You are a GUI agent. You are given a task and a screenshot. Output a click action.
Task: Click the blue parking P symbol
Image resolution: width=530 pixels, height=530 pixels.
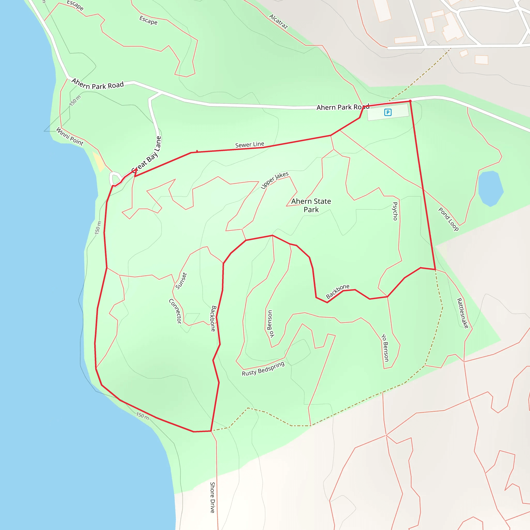tap(388, 112)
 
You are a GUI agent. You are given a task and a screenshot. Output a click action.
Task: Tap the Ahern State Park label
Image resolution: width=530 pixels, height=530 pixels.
tap(311, 205)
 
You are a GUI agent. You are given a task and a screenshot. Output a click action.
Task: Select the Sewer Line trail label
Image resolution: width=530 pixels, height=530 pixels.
tap(250, 145)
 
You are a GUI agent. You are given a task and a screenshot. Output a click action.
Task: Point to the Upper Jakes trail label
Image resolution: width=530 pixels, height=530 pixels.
tap(274, 180)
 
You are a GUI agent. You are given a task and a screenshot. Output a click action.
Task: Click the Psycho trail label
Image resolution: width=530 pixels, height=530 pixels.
tap(395, 211)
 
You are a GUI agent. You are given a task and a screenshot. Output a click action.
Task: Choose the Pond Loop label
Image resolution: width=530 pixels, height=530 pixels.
tap(448, 219)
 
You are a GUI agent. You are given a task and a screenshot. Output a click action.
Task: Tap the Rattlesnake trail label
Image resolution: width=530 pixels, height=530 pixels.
tap(462, 313)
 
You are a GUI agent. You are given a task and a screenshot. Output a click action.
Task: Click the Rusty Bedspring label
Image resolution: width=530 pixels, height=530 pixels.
tap(263, 369)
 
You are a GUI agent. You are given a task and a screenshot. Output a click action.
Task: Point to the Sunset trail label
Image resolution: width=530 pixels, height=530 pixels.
tap(181, 281)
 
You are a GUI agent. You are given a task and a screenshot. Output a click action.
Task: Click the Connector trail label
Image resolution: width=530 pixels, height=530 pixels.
tap(175, 311)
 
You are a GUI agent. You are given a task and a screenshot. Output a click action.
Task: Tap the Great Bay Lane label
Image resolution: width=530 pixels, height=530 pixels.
tap(146, 155)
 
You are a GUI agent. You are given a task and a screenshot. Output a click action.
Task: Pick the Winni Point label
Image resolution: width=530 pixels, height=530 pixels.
tap(70, 136)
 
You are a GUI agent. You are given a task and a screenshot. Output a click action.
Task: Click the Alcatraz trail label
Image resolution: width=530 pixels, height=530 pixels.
tap(278, 22)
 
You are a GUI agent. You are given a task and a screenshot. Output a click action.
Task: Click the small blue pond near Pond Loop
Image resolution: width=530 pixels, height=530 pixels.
tap(490, 188)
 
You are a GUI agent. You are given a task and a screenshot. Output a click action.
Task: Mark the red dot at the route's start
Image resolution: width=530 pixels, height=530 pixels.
tap(410, 101)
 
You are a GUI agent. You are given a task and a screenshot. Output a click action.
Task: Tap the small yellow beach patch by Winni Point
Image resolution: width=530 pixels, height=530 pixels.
tap(98, 162)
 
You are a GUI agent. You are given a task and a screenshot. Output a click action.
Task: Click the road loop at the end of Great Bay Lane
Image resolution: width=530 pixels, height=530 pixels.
tap(115, 179)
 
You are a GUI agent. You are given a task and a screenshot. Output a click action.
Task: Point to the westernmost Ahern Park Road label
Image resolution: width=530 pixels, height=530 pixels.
tap(97, 84)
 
